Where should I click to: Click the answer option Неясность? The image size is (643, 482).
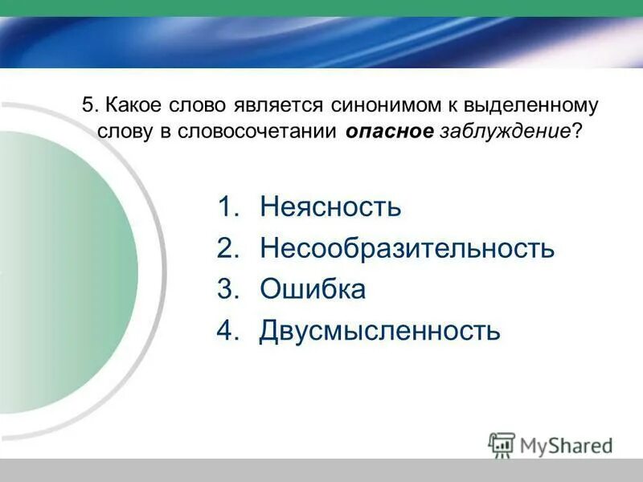coord(330,207)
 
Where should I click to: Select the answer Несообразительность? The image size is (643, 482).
coord(407,248)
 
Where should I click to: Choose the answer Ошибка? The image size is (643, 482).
coord(313,289)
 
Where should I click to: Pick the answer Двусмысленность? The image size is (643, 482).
coord(379,330)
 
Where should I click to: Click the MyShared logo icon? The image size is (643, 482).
coord(502,444)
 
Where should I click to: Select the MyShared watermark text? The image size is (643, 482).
coord(566,445)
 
